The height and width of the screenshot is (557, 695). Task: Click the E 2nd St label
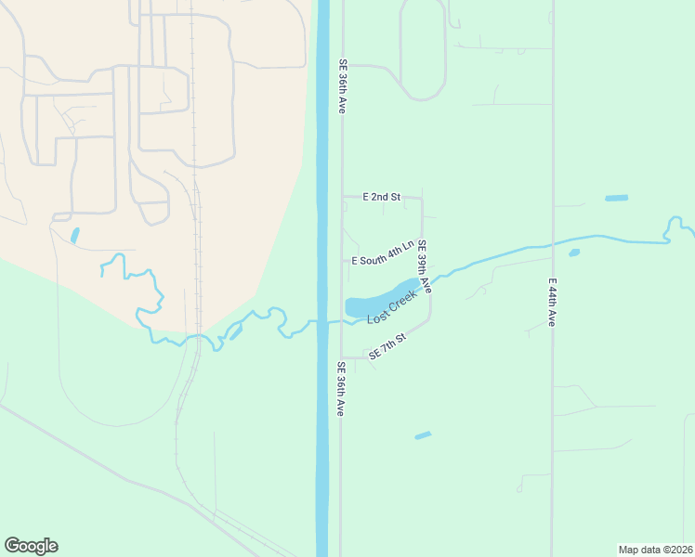pos(381,197)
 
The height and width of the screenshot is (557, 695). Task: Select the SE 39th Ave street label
pos(424,267)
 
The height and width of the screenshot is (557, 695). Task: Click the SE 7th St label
pos(387,346)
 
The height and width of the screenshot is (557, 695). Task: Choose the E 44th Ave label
pos(551,302)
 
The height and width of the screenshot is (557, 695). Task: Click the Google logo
pos(31,546)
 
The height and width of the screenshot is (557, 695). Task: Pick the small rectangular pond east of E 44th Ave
pos(616,198)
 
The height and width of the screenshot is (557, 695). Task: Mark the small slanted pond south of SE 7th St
pos(423,434)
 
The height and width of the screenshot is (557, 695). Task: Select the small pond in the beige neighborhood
pos(74,236)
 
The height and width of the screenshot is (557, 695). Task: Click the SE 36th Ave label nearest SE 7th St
pos(341,388)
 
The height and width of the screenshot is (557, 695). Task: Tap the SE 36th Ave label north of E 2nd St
pos(341,86)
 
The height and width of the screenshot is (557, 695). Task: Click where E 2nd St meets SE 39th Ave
pos(422,197)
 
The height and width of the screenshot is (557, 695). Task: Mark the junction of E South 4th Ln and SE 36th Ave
pos(341,261)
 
